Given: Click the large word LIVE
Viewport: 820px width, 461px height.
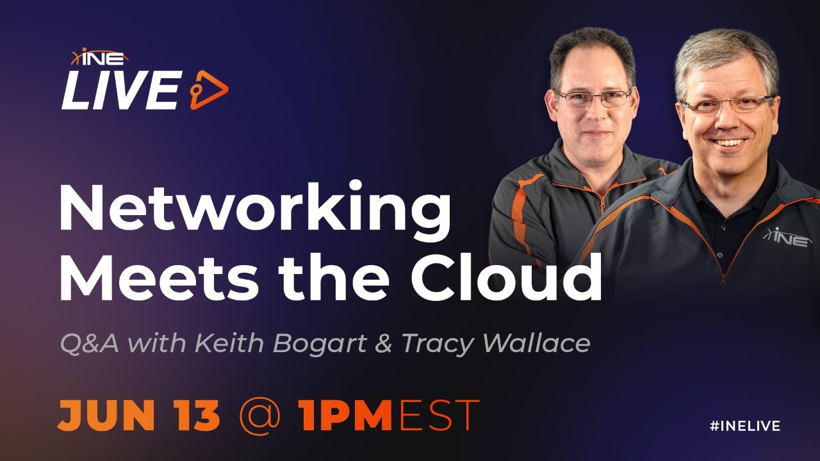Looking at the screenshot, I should (121, 90).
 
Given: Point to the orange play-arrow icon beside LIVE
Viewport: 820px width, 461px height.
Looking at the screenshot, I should (209, 90).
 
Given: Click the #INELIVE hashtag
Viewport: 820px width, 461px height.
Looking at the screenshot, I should (745, 426).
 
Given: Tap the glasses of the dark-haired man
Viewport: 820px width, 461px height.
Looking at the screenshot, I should (593, 98).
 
